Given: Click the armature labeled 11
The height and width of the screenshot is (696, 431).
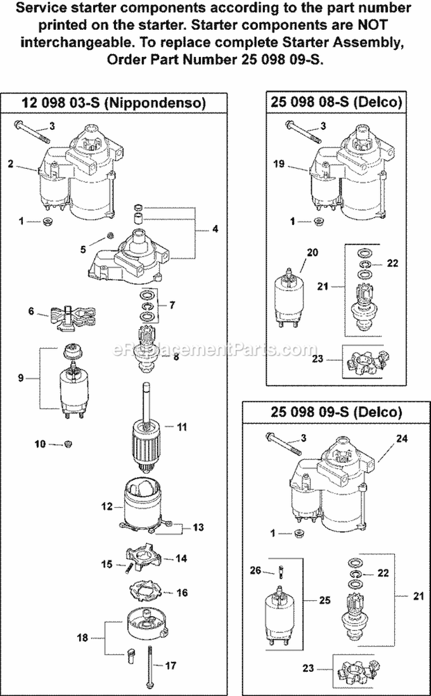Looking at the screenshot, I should pos(140,437).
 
